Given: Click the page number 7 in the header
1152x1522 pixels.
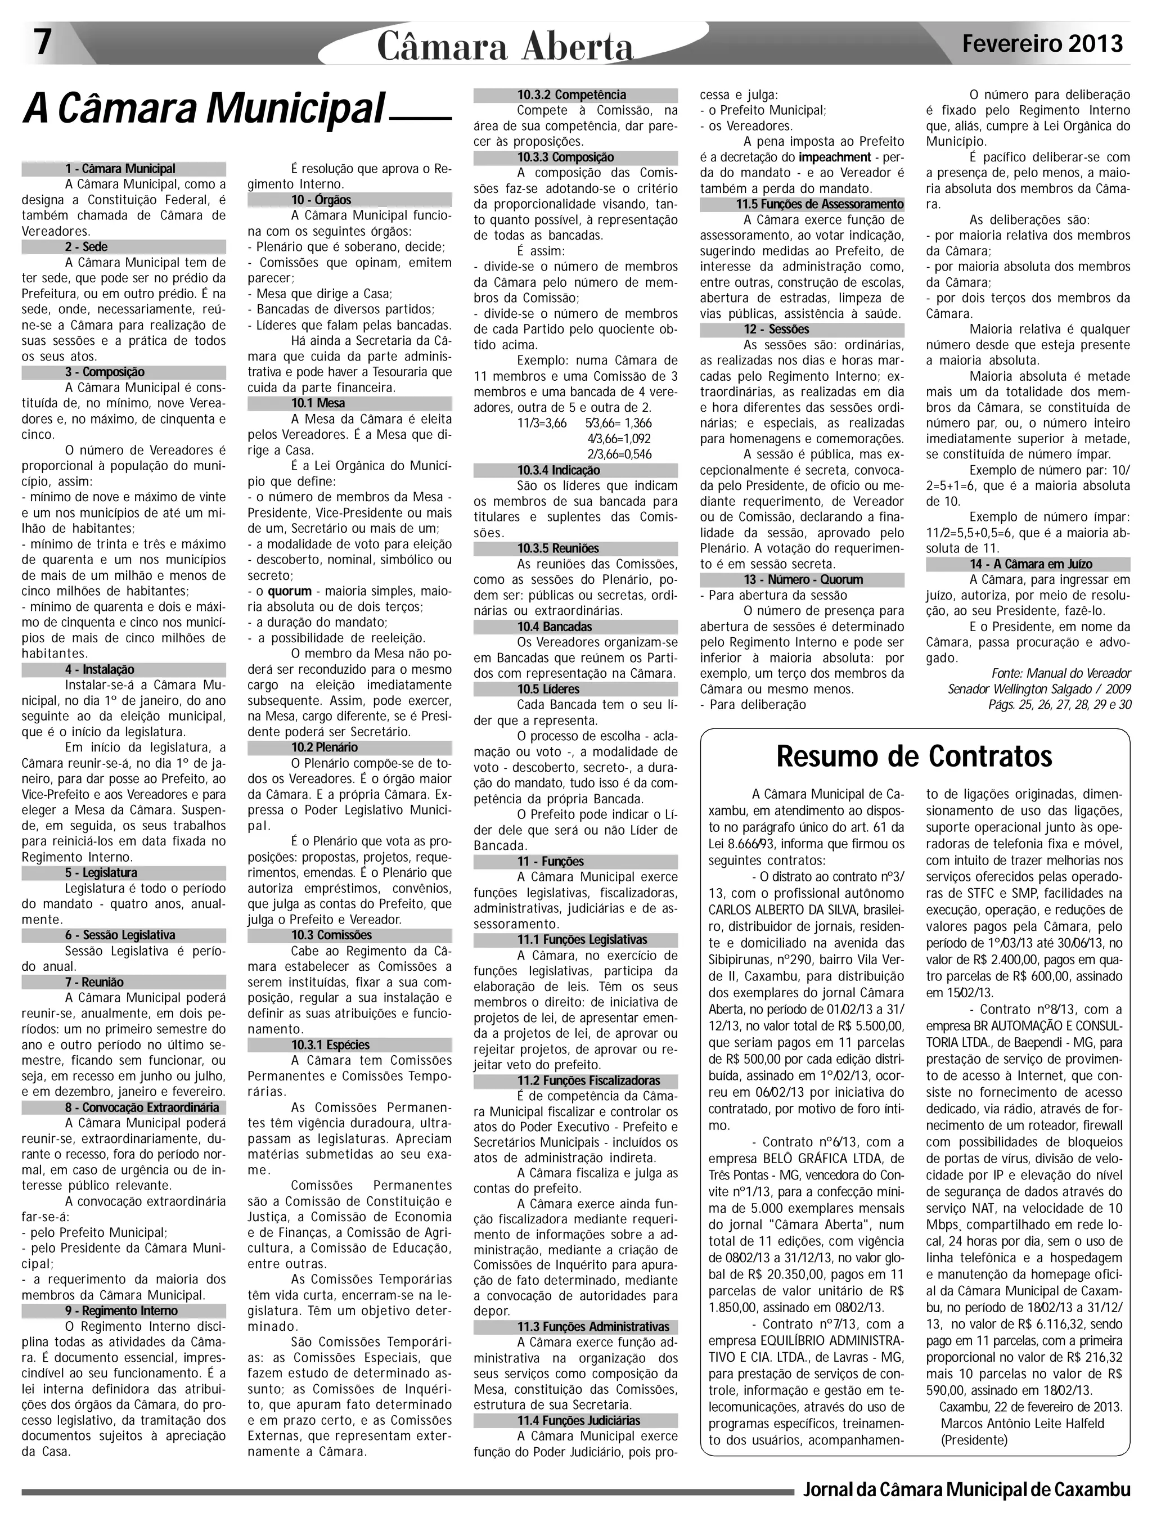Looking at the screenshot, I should [x=43, y=43].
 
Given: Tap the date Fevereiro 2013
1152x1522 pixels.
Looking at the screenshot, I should [x=1042, y=44].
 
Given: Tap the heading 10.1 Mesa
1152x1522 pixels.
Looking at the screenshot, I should [x=318, y=403].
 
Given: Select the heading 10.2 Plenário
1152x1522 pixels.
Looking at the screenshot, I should [x=324, y=748].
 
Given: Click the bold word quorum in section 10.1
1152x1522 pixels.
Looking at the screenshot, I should [x=289, y=591].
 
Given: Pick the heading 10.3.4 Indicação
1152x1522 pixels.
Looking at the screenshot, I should [x=558, y=471].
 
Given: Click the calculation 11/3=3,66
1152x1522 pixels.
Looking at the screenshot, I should [x=542, y=423].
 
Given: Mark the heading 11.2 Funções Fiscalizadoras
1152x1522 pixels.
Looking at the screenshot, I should [x=588, y=1081].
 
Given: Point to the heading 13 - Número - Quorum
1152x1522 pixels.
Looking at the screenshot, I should [x=803, y=579].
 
